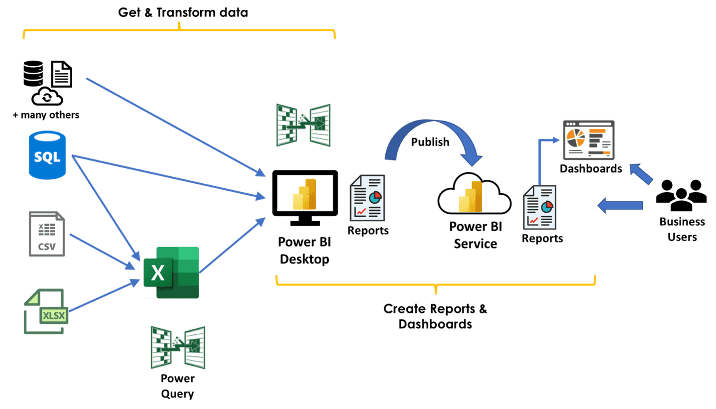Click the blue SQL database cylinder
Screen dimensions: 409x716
[x=47, y=155]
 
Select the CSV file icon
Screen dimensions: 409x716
[x=47, y=234]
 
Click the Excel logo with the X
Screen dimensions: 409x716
[x=171, y=273]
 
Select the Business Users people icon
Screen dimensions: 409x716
[x=681, y=195]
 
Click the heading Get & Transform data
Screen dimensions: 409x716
[x=183, y=12]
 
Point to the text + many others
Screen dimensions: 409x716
[x=46, y=115]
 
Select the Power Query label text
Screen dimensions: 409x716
[x=178, y=386]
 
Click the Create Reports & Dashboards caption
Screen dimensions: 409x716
[x=435, y=316]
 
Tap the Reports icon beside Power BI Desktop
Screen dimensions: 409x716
[x=367, y=197]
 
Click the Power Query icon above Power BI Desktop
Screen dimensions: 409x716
[x=303, y=125]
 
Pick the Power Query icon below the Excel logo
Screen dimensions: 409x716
[x=178, y=347]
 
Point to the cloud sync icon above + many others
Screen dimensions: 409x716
[x=47, y=97]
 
